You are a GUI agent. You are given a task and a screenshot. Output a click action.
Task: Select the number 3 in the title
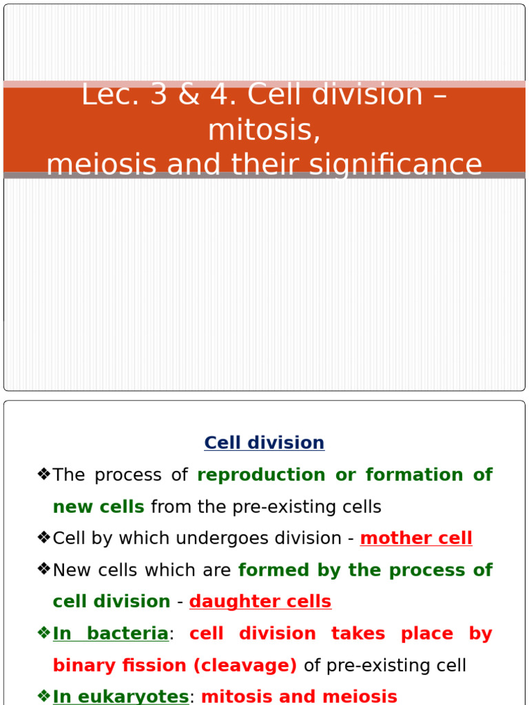[158, 95]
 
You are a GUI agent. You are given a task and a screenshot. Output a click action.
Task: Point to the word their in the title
[300, 165]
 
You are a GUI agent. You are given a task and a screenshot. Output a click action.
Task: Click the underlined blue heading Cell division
[264, 443]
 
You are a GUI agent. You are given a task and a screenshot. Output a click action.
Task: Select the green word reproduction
[261, 475]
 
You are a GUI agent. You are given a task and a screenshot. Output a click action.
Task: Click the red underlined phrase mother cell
[416, 538]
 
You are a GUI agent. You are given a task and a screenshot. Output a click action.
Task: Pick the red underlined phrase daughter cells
[260, 602]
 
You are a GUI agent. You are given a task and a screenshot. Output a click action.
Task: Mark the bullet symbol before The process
[44, 474]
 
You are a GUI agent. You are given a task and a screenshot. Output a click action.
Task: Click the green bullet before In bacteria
[44, 633]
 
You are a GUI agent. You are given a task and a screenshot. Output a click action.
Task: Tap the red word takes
[356, 633]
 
